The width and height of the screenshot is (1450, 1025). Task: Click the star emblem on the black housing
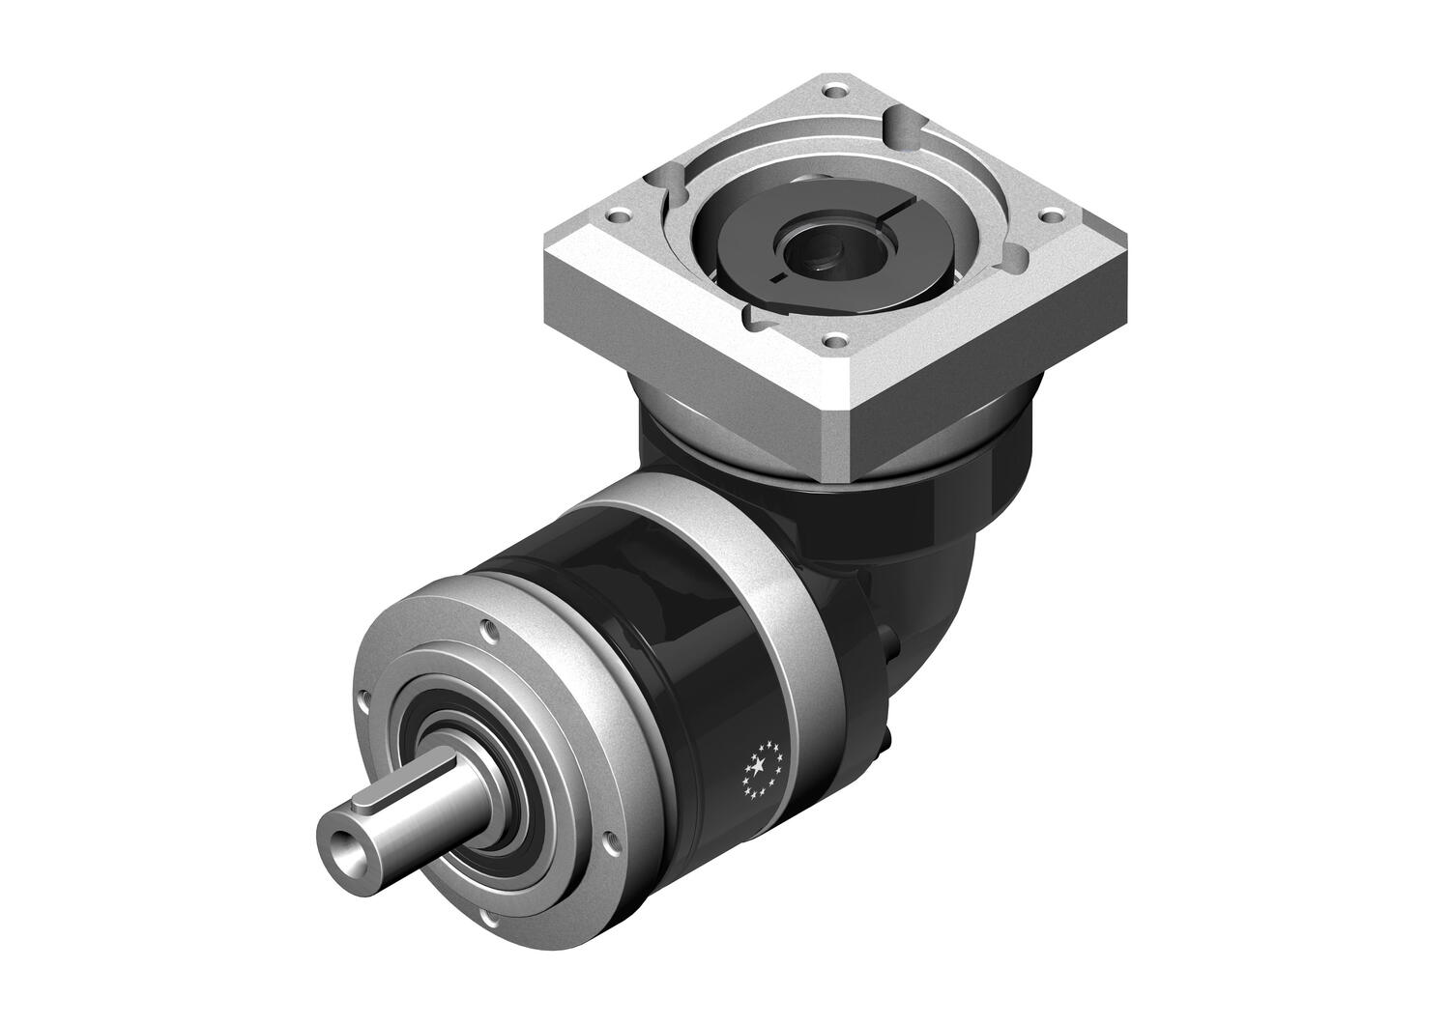click(762, 768)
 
